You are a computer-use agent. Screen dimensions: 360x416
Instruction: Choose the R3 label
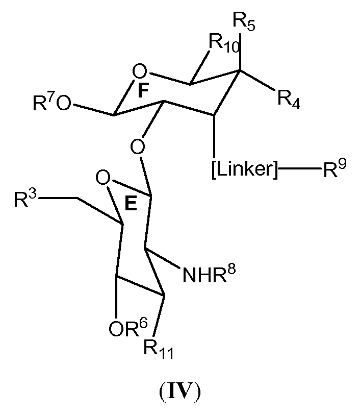[25, 200]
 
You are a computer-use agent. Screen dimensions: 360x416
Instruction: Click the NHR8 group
[209, 276]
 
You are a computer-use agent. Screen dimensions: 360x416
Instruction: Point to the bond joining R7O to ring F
[93, 109]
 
